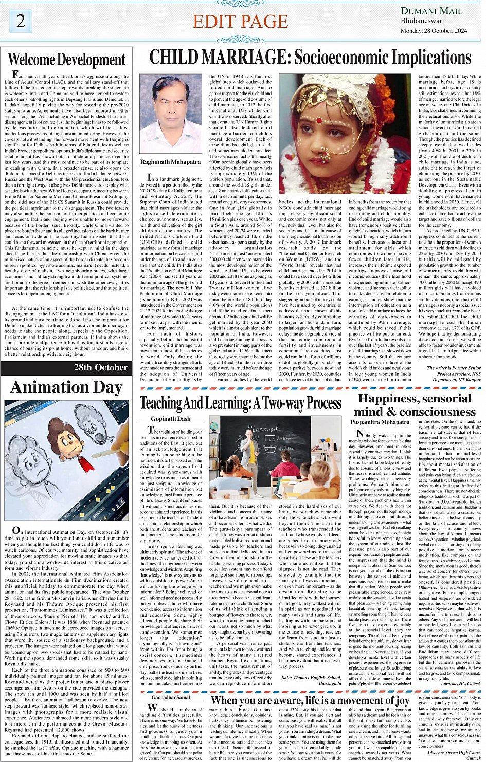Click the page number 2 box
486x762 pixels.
(x=20, y=21)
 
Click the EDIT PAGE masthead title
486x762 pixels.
(x=240, y=22)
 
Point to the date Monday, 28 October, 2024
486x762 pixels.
(x=434, y=31)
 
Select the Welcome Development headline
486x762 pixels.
(x=67, y=60)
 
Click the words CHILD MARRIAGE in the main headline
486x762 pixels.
(x=213, y=57)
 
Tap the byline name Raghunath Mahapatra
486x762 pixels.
(x=171, y=162)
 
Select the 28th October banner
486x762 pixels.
(x=101, y=367)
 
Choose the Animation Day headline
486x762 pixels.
(x=67, y=387)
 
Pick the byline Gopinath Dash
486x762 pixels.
(x=171, y=419)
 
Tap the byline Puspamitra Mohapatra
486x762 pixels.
(x=380, y=422)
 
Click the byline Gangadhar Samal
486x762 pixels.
(x=171, y=697)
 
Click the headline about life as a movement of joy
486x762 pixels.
(x=310, y=700)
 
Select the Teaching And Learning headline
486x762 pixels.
(x=241, y=403)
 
